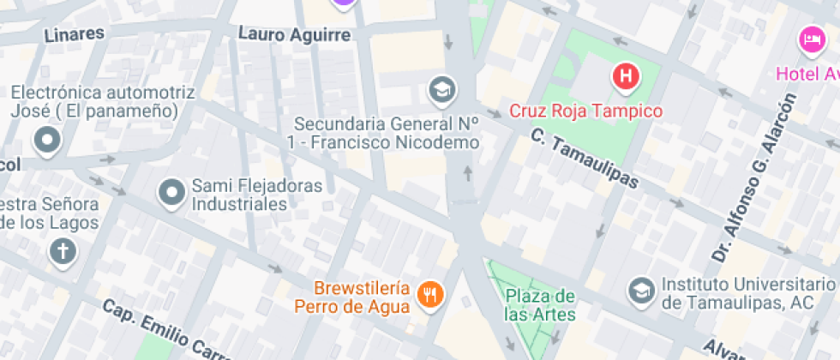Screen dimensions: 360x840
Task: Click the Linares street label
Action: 74,34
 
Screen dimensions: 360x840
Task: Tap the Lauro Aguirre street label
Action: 294,35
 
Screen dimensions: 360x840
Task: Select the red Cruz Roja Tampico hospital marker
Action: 626,77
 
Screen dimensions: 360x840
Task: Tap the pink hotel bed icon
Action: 810,39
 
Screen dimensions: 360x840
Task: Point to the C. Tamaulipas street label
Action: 585,159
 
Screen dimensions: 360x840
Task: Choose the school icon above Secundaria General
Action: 442,88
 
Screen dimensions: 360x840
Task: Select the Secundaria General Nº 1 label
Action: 386,134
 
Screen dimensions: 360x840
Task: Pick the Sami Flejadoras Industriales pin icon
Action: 172,194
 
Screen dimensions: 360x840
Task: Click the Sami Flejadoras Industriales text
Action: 256,195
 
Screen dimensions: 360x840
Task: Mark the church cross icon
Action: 63,252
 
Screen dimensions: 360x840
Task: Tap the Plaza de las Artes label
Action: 540,304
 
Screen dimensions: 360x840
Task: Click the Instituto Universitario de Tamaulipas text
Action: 742,292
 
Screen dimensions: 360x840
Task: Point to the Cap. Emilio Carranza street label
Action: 163,330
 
